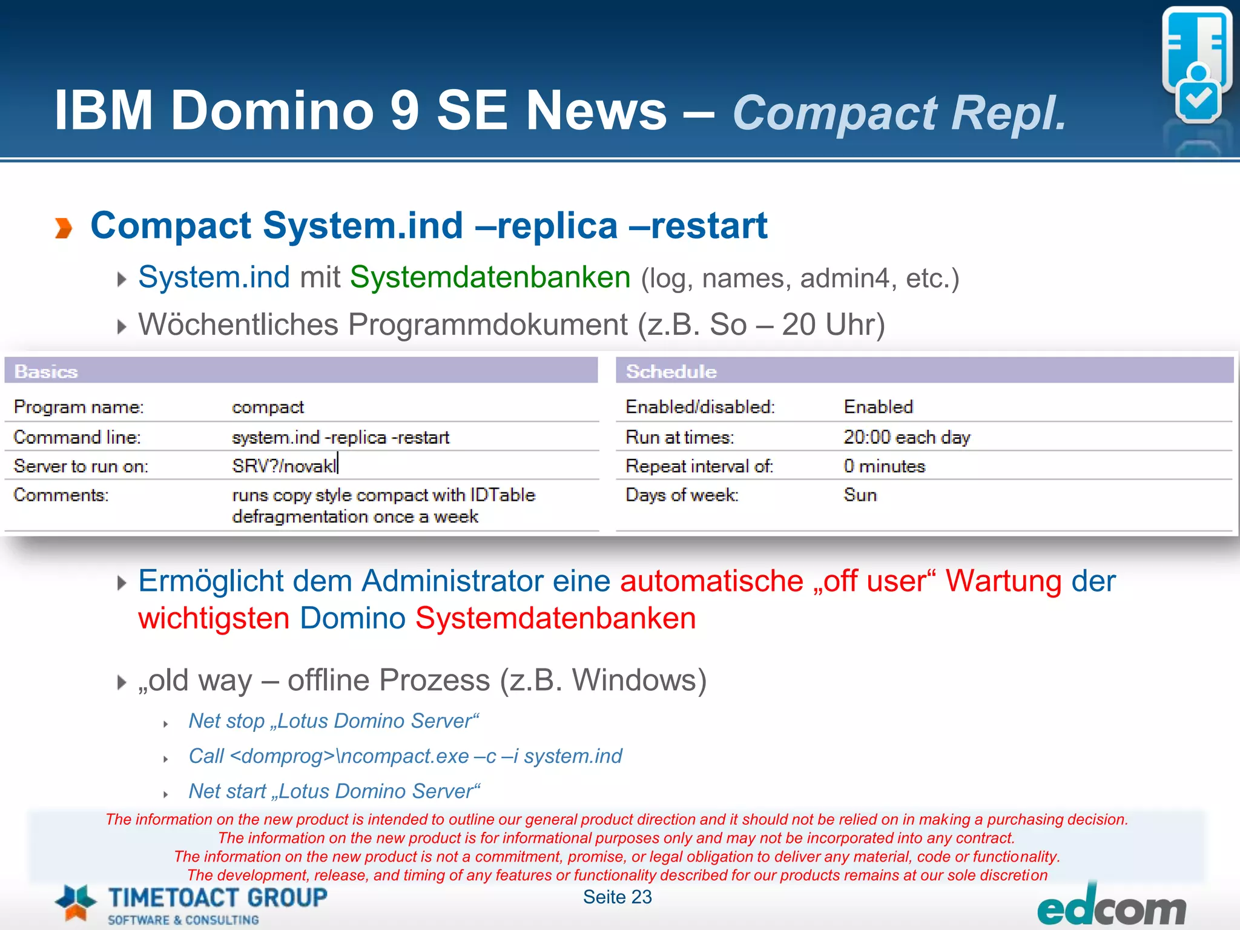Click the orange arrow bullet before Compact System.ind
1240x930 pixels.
pos(64,228)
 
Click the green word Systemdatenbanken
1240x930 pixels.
pos(490,277)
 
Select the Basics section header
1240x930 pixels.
pos(46,371)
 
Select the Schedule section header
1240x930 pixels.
pos(671,371)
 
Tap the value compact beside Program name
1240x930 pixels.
pos(268,407)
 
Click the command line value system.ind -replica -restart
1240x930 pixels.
pos(340,437)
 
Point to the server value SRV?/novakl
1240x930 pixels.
pos(283,466)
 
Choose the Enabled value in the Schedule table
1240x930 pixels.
pos(878,407)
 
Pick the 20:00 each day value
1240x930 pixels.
pos(906,437)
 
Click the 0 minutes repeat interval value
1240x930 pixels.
pos(884,466)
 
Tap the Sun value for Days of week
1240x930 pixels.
pos(860,495)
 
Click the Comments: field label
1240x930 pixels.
pos(61,495)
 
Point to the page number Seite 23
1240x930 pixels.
pos(617,897)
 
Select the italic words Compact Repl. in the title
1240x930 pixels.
pos(899,113)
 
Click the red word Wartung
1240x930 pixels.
pos(1003,581)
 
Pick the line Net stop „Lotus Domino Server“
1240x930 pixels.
pos(334,721)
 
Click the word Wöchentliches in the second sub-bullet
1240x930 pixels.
pos(238,325)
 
